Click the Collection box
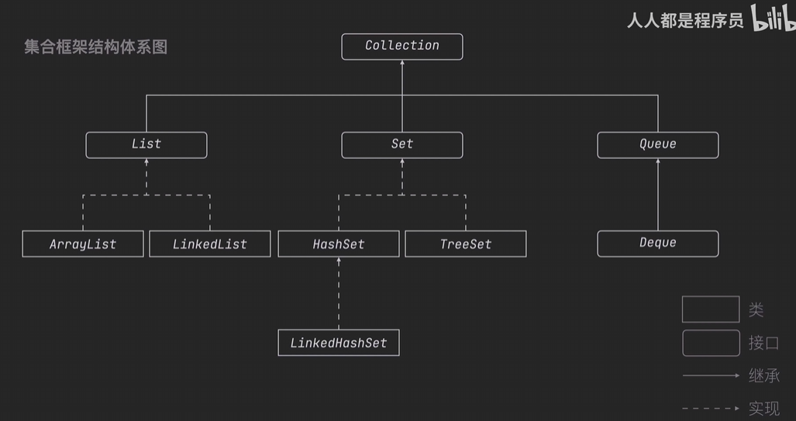(402, 47)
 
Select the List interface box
(146, 145)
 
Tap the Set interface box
(402, 145)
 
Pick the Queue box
(658, 145)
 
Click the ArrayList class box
(83, 243)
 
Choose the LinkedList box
(210, 243)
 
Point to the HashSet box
(339, 243)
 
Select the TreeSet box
(466, 243)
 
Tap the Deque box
(658, 243)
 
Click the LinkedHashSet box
(339, 343)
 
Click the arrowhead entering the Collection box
(402, 63)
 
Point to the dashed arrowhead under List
(146, 161)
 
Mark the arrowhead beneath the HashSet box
(339, 260)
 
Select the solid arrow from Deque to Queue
(658, 195)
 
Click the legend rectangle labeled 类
(711, 309)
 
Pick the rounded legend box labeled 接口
(711, 343)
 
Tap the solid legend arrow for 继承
(712, 375)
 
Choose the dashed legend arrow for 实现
(712, 409)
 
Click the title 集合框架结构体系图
(96, 47)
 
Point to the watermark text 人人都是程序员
(685, 21)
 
